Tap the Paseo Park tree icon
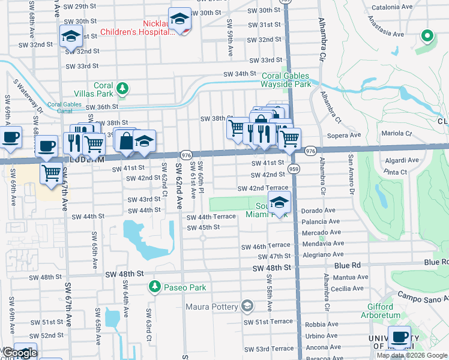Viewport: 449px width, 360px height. (155, 287)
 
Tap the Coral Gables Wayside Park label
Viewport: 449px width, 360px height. (286, 80)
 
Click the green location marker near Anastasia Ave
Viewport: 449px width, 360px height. (427, 36)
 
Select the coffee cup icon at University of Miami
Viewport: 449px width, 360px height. (399, 337)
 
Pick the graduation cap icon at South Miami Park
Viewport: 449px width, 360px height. (279, 203)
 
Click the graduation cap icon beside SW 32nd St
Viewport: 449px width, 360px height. (71, 38)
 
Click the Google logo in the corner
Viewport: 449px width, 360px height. (19, 353)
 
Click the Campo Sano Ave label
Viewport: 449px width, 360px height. (423, 296)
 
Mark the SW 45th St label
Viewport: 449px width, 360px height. (203, 227)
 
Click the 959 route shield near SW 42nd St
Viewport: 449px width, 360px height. (294, 169)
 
